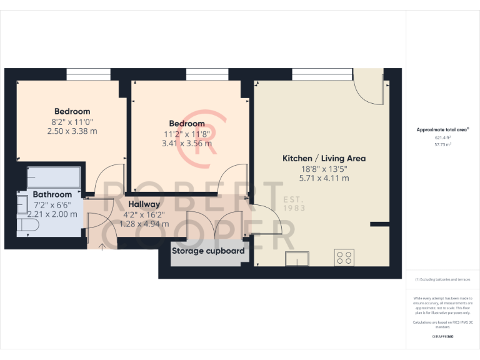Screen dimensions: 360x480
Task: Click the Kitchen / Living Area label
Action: coord(324,159)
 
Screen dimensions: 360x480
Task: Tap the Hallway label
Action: coord(144,204)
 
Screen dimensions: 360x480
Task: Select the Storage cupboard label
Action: coord(208,251)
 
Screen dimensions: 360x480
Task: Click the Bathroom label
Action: coord(53,194)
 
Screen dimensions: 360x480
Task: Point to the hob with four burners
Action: coord(344,257)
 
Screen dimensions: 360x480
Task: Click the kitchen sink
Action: coord(297,257)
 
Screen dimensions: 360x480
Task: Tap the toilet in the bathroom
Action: coord(28,224)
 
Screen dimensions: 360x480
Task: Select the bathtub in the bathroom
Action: coord(54,176)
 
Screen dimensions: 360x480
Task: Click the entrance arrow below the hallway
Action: coord(102,246)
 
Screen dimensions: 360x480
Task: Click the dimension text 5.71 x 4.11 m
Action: coord(324,178)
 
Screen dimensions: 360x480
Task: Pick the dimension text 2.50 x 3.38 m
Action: coord(72,131)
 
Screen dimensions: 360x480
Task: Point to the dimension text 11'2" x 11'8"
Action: coord(187,134)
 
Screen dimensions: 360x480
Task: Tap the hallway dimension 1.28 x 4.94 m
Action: coord(144,224)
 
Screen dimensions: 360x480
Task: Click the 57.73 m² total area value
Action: coord(442,144)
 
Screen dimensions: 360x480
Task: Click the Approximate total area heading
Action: coord(442,129)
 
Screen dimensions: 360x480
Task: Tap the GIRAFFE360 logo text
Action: coord(442,337)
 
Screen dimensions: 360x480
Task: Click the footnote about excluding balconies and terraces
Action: coord(442,279)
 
